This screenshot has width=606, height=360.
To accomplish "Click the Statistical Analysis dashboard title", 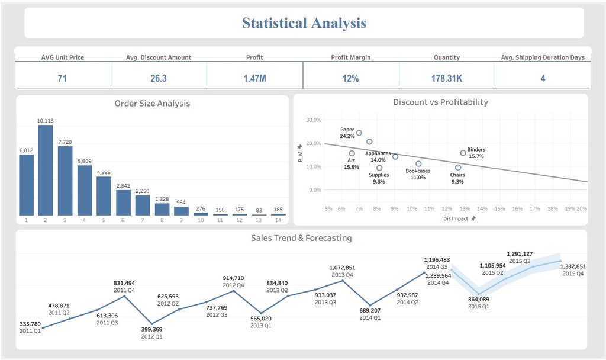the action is (304, 23).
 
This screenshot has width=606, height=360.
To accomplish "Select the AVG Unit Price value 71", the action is (62, 79).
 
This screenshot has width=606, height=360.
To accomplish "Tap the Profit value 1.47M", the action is (254, 79).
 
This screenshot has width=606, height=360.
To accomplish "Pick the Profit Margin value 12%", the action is (350, 79).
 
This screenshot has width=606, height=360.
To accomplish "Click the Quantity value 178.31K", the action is (447, 79).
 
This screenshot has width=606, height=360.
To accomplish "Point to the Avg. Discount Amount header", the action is (159, 57).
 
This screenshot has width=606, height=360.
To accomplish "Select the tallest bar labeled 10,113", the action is (46, 170).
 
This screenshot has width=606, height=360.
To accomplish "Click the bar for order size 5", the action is (104, 196).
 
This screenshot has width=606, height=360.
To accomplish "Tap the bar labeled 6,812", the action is (26, 185).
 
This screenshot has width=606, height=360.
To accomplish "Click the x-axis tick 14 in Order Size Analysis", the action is (278, 220).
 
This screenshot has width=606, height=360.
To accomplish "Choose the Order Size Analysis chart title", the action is (152, 103).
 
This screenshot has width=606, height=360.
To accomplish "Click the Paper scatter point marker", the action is (359, 133).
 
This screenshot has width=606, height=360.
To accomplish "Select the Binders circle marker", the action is (463, 153).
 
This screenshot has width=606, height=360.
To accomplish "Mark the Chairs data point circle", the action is (458, 168).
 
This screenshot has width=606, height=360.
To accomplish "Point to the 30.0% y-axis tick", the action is (314, 120).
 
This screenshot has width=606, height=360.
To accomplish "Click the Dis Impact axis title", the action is (456, 218).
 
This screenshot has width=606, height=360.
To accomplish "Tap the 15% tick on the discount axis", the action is (499, 208).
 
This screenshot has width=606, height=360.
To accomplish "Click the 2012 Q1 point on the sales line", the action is (152, 324).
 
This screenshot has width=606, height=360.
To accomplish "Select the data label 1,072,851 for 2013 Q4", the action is (342, 268).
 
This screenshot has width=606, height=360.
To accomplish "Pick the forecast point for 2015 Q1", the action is (479, 294).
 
